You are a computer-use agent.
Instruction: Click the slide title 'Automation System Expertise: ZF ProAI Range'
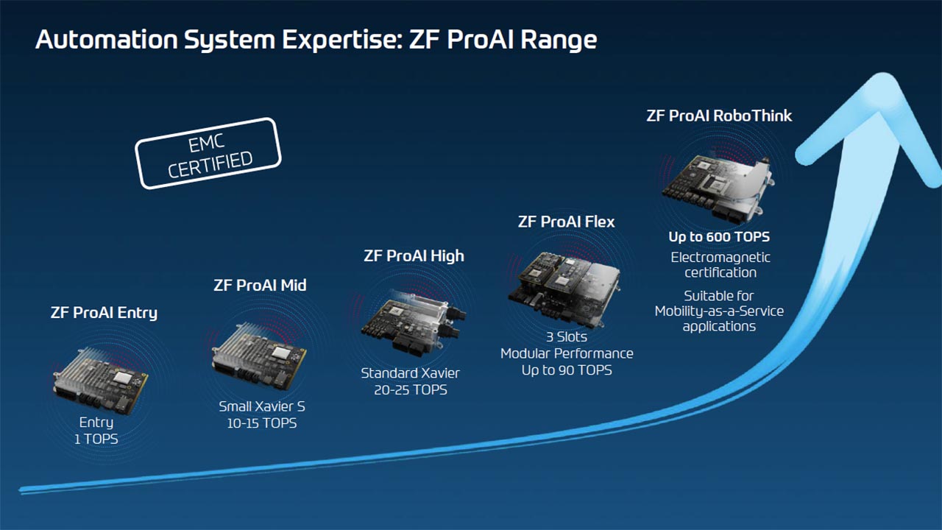click(x=316, y=40)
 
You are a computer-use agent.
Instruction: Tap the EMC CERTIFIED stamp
click(x=209, y=153)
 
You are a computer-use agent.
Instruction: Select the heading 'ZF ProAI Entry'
click(x=104, y=312)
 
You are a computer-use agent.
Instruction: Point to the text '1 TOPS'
click(x=96, y=439)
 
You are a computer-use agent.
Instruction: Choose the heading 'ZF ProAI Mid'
click(x=260, y=285)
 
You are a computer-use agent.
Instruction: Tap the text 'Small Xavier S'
click(x=262, y=406)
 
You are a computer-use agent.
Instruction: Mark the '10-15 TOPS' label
click(x=262, y=423)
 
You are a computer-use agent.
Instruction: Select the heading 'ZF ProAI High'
click(x=414, y=256)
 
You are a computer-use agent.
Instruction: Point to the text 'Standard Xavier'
click(x=410, y=373)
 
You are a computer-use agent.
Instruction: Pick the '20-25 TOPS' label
click(x=410, y=390)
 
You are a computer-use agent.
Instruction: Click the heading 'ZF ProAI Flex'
click(x=566, y=222)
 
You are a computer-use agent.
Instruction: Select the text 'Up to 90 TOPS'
click(x=567, y=370)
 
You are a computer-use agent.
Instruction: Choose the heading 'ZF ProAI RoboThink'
click(x=719, y=116)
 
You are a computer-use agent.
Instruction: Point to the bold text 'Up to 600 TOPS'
click(x=719, y=237)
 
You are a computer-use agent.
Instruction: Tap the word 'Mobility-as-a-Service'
click(x=719, y=311)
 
